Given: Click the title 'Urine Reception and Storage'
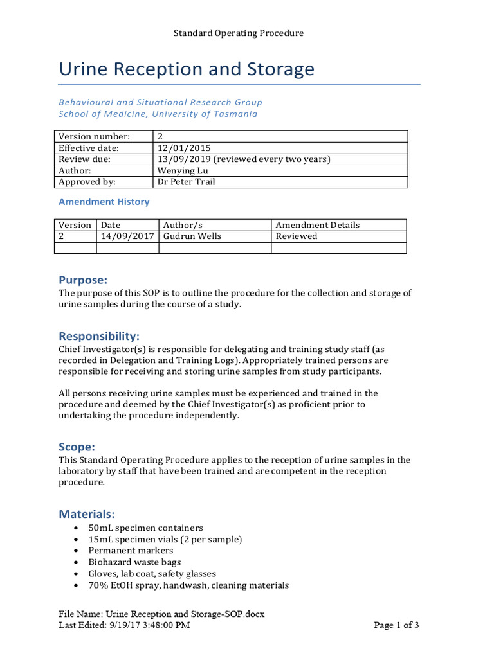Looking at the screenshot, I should pos(187,69).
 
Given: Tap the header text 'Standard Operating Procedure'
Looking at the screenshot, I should pos(238,33).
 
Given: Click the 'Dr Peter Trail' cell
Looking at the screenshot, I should pos(186,182).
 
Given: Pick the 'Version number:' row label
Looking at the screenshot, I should pos(94,136).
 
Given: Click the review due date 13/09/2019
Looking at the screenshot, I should pos(184,159).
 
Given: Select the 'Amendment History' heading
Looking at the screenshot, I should pos(104,202).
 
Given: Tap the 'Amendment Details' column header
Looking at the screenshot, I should pos(317,225).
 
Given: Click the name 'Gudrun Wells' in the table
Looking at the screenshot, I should pos(192,236).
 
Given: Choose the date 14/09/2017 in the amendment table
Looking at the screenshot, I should pos(127,236).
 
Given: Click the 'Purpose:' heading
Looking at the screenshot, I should pos(83,280).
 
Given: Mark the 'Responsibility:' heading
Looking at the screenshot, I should pos(99,336).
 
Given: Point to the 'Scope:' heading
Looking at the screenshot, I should pos(77,447).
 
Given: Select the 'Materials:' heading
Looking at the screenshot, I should pos(87,513).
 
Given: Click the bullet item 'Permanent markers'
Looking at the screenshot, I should pos(131,551).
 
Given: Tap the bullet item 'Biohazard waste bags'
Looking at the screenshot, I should pos(134,562).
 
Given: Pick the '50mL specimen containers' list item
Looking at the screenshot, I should pos(145,528).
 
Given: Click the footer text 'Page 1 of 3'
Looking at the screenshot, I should pos(397,625).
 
